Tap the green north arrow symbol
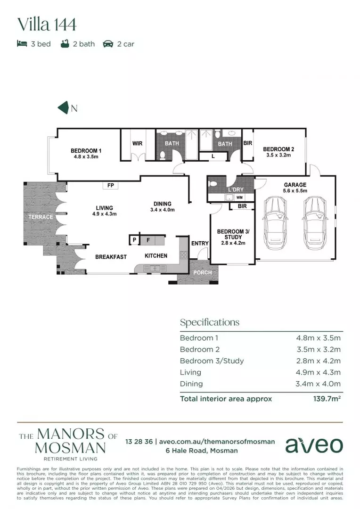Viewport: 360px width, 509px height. coord(63,108)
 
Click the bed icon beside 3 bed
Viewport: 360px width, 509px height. coord(22,44)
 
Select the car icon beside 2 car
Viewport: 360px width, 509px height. coord(108,44)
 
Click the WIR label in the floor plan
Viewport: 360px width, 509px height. coord(137,144)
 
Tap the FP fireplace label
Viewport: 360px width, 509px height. coord(111,186)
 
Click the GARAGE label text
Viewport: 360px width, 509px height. coord(295,185)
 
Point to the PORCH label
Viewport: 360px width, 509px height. coord(203,273)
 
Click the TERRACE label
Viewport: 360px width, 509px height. coord(41,217)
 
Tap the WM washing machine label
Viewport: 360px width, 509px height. coord(239,197)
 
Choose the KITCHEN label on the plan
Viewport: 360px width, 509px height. coord(155,255)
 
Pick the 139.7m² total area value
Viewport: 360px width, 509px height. coord(327,399)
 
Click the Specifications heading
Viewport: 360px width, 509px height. coord(209,322)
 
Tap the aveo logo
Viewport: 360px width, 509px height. coord(314,444)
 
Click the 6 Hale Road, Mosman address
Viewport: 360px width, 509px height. coord(201,451)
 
